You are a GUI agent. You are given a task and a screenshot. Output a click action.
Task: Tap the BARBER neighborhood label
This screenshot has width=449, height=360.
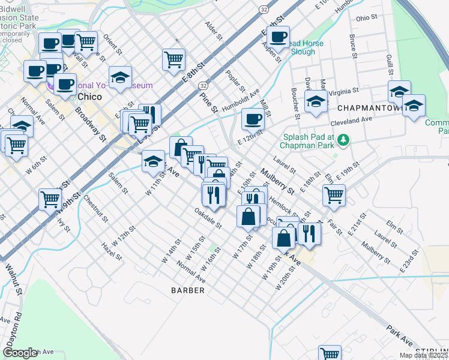coord(187,290)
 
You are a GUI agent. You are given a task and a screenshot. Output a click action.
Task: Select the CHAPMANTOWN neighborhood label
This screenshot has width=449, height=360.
coord(369,108)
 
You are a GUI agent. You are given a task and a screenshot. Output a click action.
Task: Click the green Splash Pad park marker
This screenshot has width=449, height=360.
coord(343,140)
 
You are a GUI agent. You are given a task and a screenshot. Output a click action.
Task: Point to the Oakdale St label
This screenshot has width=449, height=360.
coord(208,219)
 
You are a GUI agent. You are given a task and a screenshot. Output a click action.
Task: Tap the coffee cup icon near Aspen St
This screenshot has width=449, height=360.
coord(278,37)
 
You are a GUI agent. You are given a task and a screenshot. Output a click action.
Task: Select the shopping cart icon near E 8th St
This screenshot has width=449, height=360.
coord(173,59)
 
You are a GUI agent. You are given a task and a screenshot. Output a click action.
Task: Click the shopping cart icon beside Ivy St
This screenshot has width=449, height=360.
coord(50,199)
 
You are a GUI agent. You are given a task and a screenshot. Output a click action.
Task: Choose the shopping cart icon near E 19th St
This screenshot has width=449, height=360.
coord(334,194)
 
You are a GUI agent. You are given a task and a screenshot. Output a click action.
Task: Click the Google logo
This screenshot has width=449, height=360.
coord(20,353)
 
